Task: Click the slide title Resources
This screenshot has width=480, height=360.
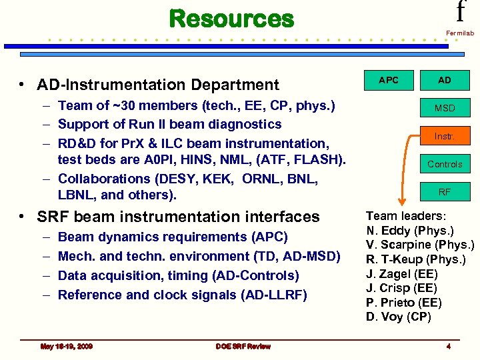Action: (231, 18)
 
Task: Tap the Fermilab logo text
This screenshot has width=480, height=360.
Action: (460, 33)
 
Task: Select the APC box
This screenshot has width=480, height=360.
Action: (389, 80)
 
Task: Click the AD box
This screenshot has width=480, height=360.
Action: (445, 80)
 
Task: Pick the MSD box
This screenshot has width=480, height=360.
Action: (445, 108)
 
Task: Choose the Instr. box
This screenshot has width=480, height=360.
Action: (445, 136)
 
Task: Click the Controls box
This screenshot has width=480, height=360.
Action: (445, 164)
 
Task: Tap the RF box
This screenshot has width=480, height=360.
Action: (445, 192)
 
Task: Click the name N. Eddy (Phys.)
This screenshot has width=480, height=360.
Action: (410, 231)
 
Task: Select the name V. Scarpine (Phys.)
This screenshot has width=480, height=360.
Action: (420, 245)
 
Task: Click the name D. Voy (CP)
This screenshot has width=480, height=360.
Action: (399, 317)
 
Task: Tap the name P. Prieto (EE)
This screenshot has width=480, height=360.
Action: (403, 303)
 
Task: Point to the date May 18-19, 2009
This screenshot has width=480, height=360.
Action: (66, 346)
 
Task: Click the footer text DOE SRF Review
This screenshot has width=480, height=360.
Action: (243, 346)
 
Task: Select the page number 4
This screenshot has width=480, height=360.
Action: (449, 346)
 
